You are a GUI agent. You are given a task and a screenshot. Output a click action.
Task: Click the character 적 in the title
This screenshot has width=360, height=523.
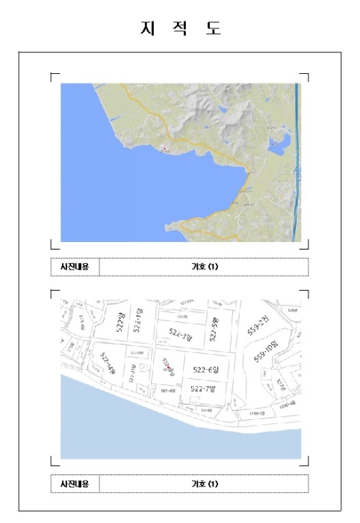click(x=180, y=29)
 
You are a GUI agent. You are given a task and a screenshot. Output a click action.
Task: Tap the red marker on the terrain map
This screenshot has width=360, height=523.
click(x=164, y=147)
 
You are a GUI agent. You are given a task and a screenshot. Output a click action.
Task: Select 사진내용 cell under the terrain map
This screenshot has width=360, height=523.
click(x=75, y=266)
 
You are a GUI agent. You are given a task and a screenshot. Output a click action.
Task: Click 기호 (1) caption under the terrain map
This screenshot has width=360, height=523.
click(x=203, y=266)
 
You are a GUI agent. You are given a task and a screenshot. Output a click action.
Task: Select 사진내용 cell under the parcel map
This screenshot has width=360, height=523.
click(x=75, y=483)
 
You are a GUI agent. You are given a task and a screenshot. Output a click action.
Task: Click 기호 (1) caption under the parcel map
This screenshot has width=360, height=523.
click(x=203, y=483)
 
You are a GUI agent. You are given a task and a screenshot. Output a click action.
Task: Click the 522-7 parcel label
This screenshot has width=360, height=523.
click(x=202, y=389)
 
